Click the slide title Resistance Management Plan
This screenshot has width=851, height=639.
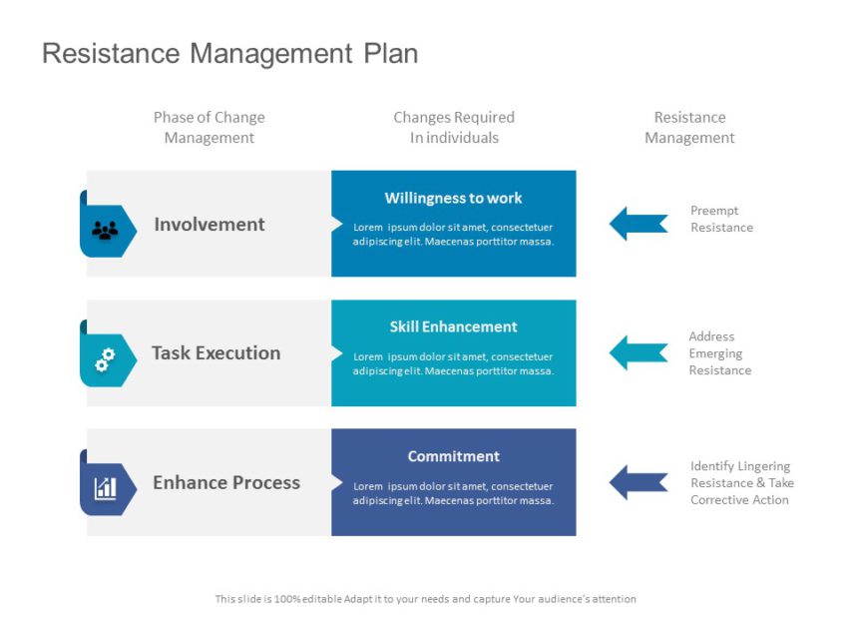click(229, 53)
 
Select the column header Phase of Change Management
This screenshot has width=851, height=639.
click(210, 128)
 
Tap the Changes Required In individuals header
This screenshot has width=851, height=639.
click(454, 128)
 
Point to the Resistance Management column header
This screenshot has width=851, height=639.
click(689, 128)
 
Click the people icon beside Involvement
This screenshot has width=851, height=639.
click(105, 231)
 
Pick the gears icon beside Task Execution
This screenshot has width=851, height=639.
click(105, 359)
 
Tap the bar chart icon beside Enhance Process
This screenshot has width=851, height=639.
click(105, 488)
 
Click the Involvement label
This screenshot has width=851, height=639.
click(210, 225)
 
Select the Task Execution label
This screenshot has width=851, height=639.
click(215, 353)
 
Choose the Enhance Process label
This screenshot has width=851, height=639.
click(226, 483)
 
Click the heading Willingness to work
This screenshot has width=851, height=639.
click(453, 199)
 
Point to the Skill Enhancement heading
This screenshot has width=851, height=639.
click(453, 327)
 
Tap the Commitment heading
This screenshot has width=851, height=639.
click(453, 456)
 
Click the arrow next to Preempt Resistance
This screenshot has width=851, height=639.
click(638, 224)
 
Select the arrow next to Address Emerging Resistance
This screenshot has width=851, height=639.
click(638, 352)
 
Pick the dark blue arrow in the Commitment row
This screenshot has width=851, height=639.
click(638, 482)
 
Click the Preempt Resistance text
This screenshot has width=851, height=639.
click(721, 219)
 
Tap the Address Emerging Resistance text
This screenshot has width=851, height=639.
click(719, 353)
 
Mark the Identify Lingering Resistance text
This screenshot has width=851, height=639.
click(741, 483)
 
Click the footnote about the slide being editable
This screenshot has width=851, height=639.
click(425, 599)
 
